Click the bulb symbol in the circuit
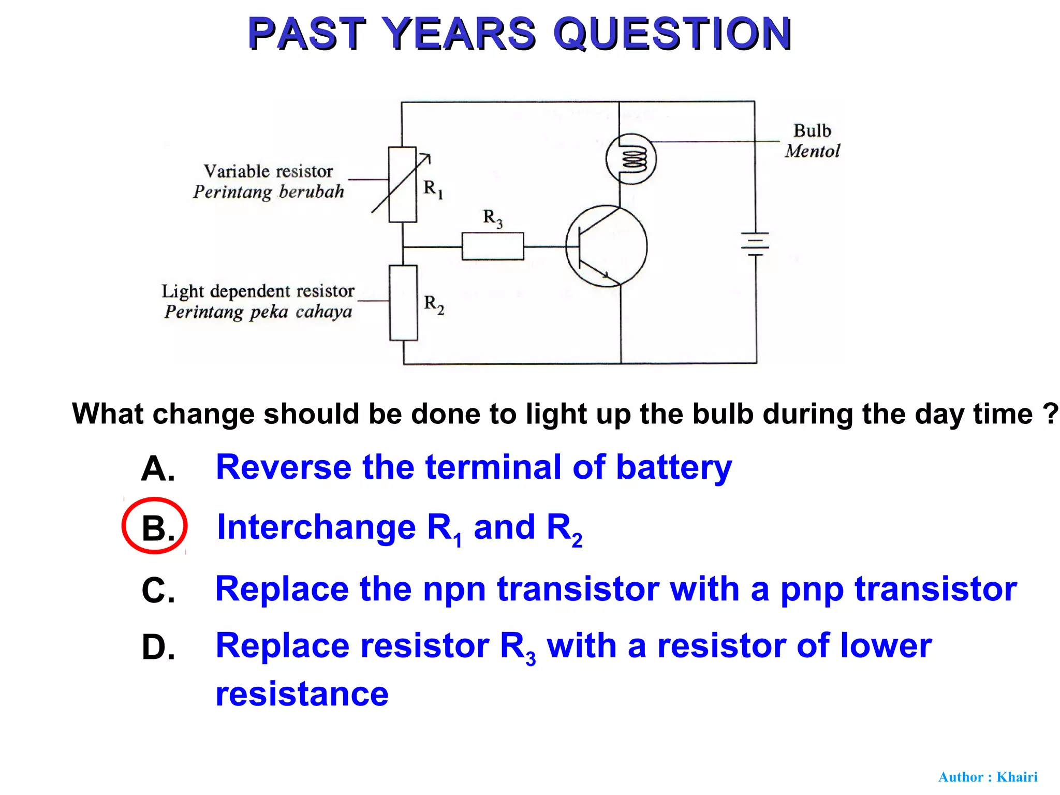click(631, 159)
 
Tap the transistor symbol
click(606, 246)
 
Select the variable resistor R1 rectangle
click(403, 185)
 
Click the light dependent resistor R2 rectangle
click(404, 303)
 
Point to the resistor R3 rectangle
click(493, 246)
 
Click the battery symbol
click(755, 243)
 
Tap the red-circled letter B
click(155, 527)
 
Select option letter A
click(157, 469)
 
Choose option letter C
click(158, 590)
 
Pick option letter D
click(158, 647)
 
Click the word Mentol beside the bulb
click(812, 151)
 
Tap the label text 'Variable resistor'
click(268, 171)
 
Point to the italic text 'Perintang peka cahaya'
click(258, 312)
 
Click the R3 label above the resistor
click(492, 218)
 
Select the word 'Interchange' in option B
click(316, 527)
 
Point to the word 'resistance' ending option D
click(302, 694)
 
